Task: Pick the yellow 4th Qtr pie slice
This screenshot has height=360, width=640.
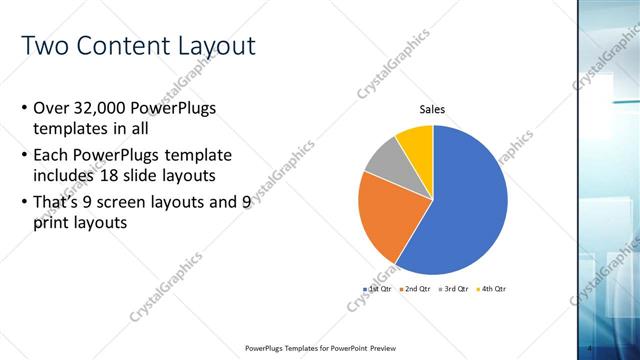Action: [416, 143]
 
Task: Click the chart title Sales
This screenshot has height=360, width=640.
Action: [432, 110]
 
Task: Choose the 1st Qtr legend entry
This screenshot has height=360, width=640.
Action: [378, 289]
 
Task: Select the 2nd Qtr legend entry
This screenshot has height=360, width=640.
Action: [417, 289]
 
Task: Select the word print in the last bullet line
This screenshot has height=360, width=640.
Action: [52, 224]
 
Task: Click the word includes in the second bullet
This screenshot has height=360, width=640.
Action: [66, 177]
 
